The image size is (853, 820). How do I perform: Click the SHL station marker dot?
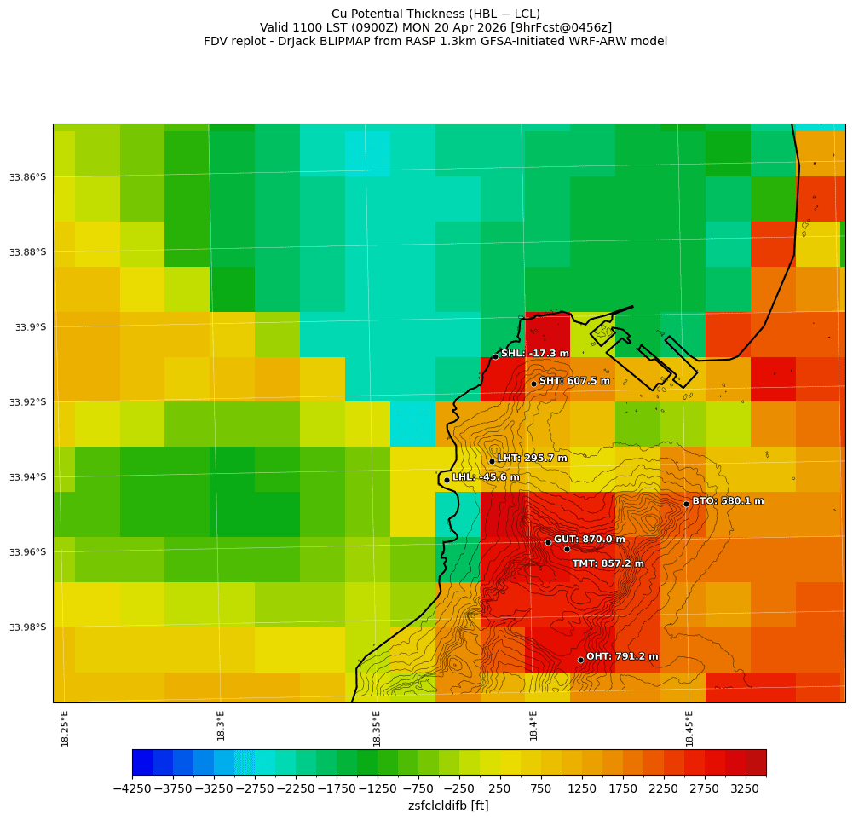point(495,356)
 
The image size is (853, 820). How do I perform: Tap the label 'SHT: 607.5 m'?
point(574,381)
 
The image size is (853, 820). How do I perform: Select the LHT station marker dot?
point(492,461)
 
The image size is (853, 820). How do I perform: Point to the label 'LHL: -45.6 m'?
point(486,477)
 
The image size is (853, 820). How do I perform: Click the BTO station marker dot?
point(686,504)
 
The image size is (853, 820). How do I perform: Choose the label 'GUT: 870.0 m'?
point(589,540)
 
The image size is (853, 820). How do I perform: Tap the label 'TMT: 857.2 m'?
point(608,563)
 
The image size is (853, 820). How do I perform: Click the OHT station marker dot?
point(580,660)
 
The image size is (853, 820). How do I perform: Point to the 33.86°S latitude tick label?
point(28,177)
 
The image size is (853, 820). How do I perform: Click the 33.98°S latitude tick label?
point(28,627)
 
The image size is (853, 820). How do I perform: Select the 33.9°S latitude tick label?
point(31,327)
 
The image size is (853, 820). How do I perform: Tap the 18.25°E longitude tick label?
point(66,728)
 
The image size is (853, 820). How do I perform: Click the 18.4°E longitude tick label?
point(533,725)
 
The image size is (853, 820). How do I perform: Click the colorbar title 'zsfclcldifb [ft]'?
point(448,806)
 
